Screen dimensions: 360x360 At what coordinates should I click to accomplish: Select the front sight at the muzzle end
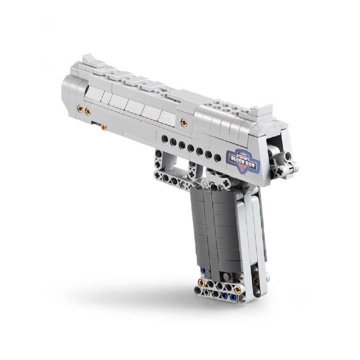click(x=89, y=60)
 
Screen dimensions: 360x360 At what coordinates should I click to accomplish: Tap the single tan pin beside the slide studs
click(x=184, y=122)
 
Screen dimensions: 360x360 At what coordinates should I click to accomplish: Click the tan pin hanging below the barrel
click(x=104, y=127)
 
